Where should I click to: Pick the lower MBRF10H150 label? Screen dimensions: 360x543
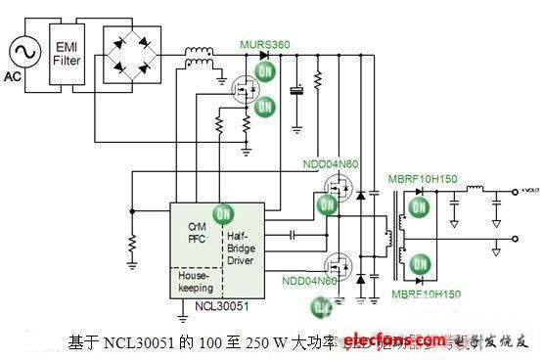pyautogui.click(x=427, y=292)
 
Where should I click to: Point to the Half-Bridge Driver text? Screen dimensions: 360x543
pyautogui.click(x=245, y=244)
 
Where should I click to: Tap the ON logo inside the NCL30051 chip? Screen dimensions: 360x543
pyautogui.click(x=225, y=213)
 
